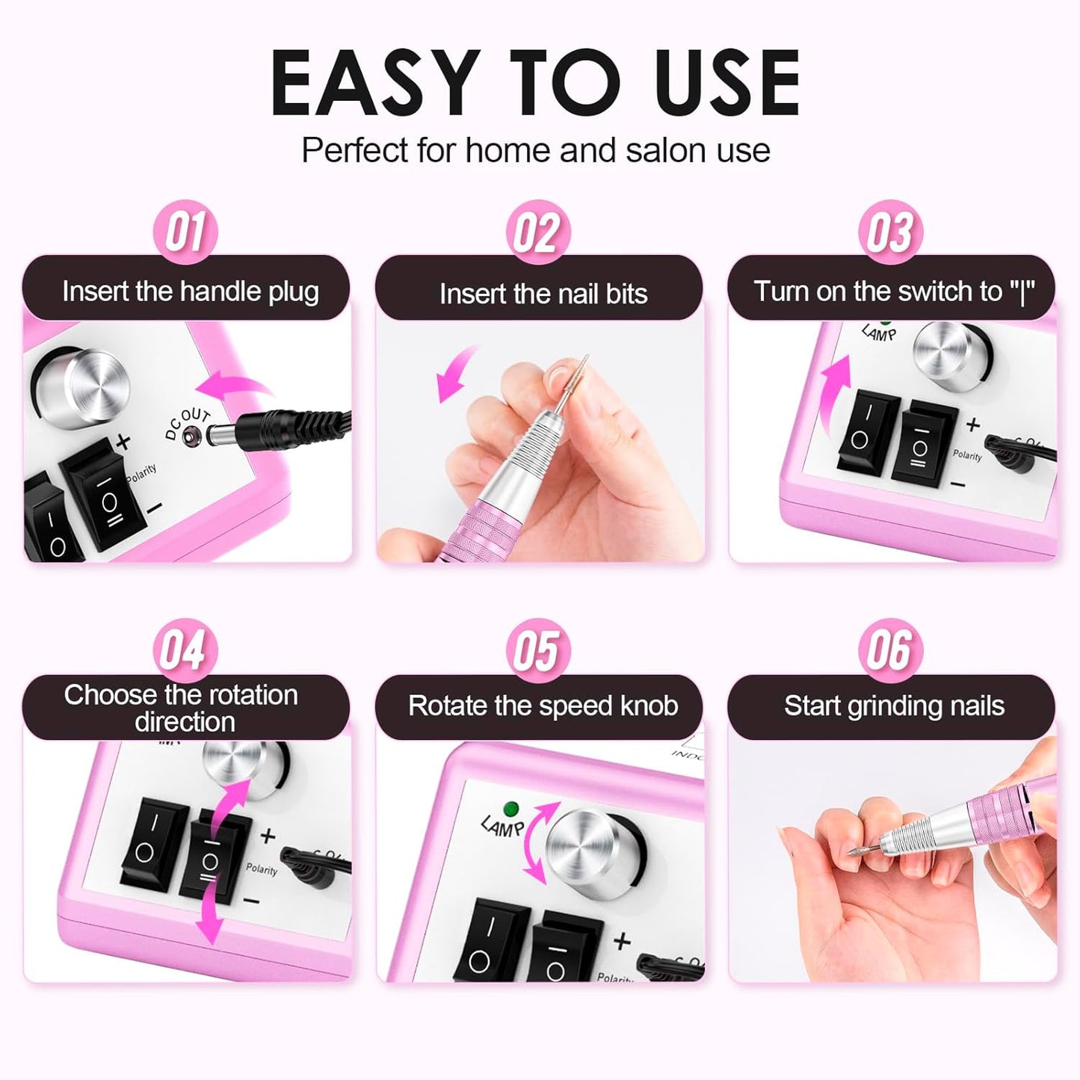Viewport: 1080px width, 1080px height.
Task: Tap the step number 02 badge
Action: pyautogui.click(x=537, y=232)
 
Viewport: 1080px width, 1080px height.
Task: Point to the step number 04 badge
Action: pyautogui.click(x=185, y=649)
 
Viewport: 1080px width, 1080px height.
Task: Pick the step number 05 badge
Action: pyautogui.click(x=537, y=650)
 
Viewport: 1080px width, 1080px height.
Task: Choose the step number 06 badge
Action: pyautogui.click(x=890, y=649)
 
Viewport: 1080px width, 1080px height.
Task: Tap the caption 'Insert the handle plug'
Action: pyautogui.click(x=190, y=291)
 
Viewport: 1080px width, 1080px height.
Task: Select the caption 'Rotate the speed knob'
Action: pyautogui.click(x=543, y=706)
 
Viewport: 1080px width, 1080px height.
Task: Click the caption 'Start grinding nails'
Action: pyautogui.click(x=894, y=706)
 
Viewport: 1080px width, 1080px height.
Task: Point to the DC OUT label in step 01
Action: pyautogui.click(x=188, y=424)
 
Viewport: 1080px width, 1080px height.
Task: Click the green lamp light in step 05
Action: pyautogui.click(x=512, y=809)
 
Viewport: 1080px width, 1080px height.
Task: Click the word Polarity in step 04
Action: pyautogui.click(x=261, y=869)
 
